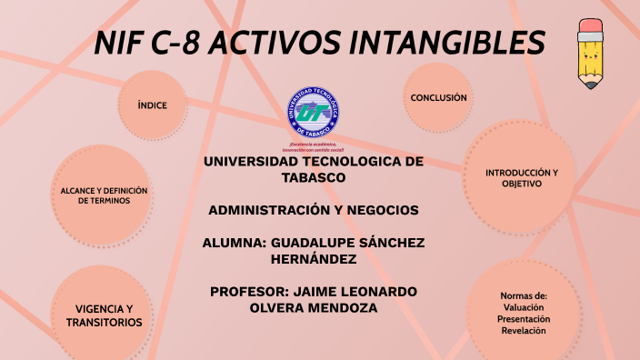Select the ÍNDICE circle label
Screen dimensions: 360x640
pos(152,105)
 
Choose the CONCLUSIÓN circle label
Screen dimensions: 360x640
pos(438,97)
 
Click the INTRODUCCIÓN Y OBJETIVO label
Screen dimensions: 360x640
pos(521,177)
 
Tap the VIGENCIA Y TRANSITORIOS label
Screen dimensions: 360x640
pos(104,315)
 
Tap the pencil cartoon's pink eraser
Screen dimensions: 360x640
pos(592,28)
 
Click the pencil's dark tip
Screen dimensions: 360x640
pos(592,85)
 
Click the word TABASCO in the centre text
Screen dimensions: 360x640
pos(314,177)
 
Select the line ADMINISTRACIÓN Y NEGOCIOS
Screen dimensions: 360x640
pos(314,210)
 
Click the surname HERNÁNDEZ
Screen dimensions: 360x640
pos(314,259)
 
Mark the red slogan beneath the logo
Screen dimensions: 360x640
pos(313,147)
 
